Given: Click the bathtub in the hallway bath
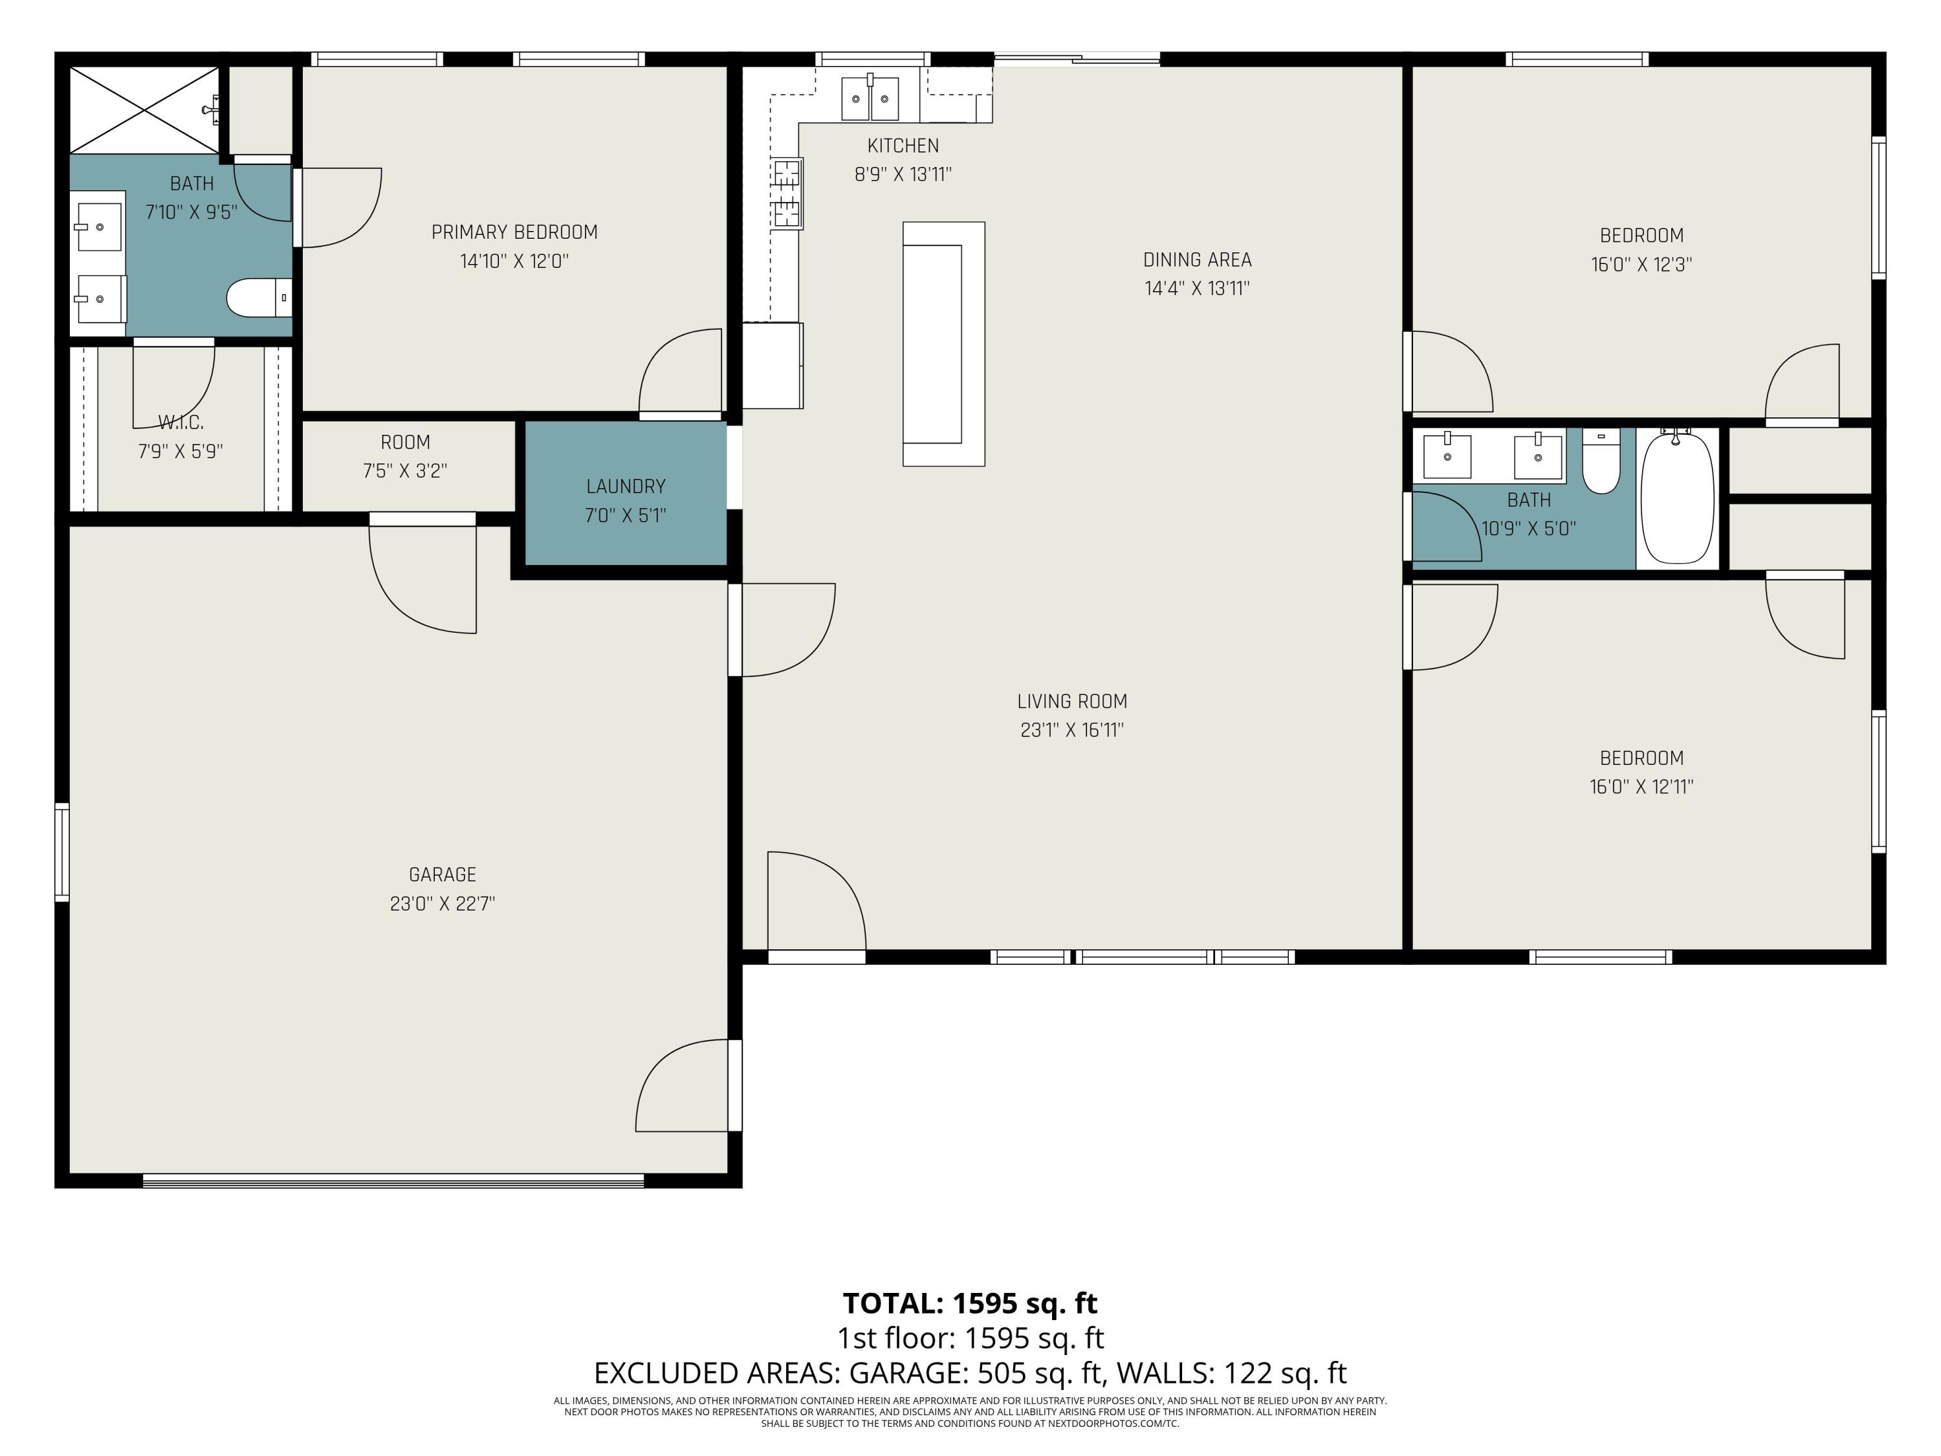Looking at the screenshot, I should (1677, 498).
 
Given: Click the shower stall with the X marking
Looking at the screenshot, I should (144, 110).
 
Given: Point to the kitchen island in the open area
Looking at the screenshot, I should (943, 344).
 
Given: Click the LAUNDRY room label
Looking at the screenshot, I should (626, 486).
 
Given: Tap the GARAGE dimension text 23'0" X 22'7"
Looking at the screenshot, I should (443, 903).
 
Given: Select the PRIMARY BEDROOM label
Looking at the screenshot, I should (514, 232).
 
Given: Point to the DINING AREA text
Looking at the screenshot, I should (1197, 259).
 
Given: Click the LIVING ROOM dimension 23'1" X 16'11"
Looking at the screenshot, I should (1071, 730).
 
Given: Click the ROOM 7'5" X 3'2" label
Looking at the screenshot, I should (406, 443).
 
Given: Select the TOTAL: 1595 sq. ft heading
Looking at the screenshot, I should (970, 1303).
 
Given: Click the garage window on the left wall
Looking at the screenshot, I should (62, 852).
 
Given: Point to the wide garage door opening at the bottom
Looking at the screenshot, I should (393, 1180).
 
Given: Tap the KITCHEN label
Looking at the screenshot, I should (903, 146).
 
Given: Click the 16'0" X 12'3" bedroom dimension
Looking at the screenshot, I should (1641, 264).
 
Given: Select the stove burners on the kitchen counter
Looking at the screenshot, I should (786, 193).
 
